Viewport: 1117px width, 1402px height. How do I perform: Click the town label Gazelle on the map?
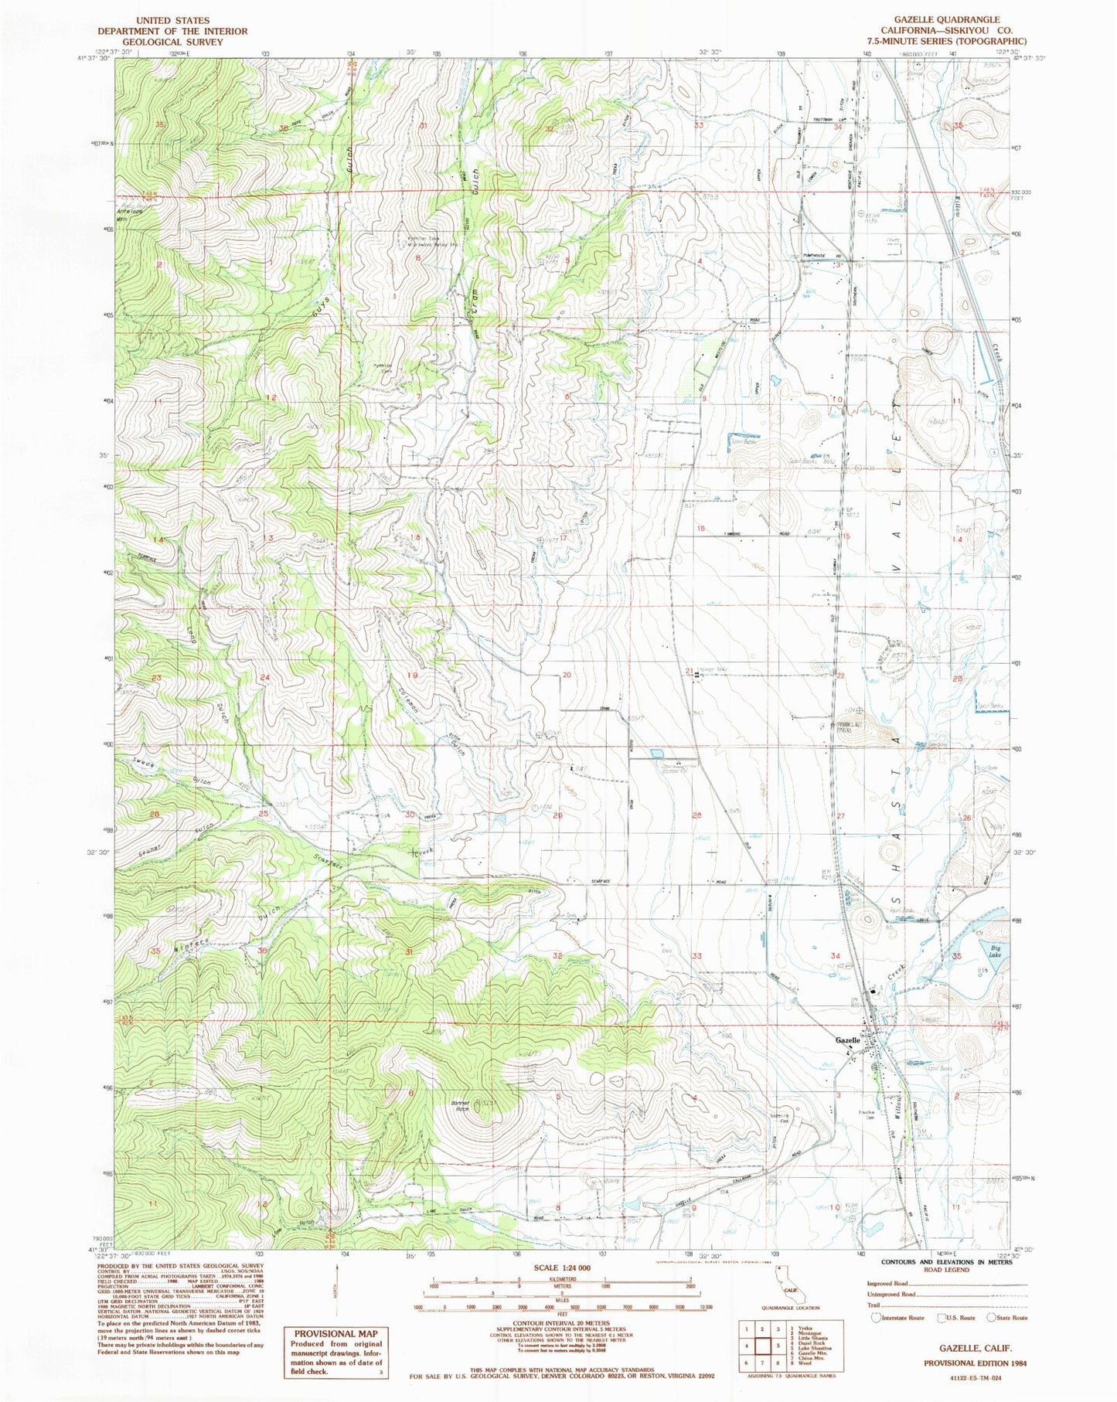[x=848, y=1040]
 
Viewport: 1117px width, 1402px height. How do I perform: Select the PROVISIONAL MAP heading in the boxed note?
[x=335, y=1333]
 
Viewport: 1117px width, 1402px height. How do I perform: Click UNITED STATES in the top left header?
[x=172, y=21]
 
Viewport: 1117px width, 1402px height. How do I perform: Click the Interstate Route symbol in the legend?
[x=875, y=1318]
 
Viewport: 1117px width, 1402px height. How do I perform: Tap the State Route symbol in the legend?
[x=996, y=1318]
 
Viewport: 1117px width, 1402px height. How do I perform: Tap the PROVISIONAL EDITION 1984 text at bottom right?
[x=972, y=1363]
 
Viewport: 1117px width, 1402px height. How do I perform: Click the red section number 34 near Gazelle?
[x=836, y=957]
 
